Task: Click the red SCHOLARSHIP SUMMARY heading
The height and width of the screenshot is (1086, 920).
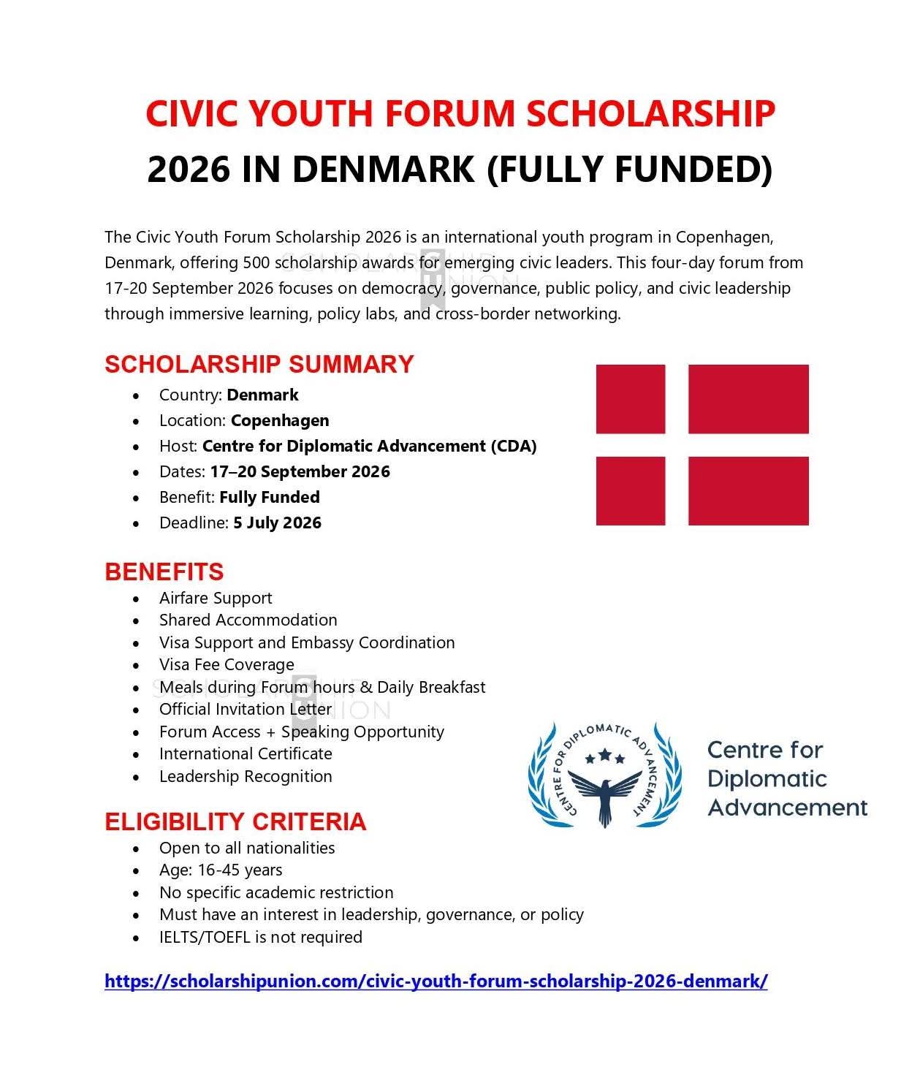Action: (259, 364)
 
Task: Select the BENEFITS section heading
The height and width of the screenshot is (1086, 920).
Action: (164, 572)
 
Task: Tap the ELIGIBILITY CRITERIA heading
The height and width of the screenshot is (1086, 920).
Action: (235, 821)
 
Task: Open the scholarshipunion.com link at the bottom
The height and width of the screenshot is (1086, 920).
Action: (436, 981)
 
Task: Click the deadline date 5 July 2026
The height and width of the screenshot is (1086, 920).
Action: (277, 523)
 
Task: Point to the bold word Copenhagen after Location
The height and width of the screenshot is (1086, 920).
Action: (280, 420)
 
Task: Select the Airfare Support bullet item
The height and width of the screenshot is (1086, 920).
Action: (216, 598)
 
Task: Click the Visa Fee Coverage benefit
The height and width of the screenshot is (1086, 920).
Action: (227, 664)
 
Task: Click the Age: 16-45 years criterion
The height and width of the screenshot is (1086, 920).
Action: (221, 870)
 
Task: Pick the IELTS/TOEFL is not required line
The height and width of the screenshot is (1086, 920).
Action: (261, 937)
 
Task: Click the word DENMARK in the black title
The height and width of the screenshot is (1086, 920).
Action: (384, 170)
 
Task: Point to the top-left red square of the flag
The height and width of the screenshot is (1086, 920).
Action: (630, 399)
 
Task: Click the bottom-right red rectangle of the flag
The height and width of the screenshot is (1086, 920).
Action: (748, 490)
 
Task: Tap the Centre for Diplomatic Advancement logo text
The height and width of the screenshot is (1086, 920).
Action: (786, 778)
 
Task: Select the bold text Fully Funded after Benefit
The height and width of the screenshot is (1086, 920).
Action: (269, 497)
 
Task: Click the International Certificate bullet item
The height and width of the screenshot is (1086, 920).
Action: (246, 753)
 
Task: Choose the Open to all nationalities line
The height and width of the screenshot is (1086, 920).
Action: (247, 848)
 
